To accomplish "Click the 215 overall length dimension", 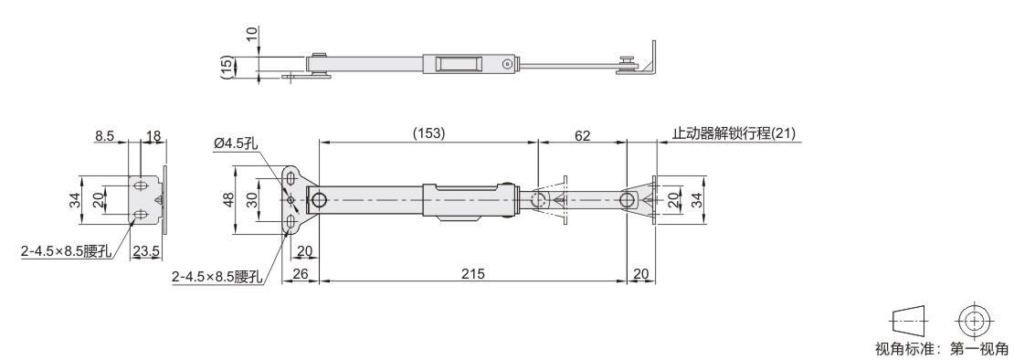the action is click(x=472, y=273).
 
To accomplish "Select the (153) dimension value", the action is click(x=428, y=132).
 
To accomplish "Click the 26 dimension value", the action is click(x=301, y=274).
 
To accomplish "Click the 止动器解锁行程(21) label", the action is click(x=734, y=133).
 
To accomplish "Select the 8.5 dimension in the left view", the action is click(x=104, y=136).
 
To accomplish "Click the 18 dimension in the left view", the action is click(x=153, y=136).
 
